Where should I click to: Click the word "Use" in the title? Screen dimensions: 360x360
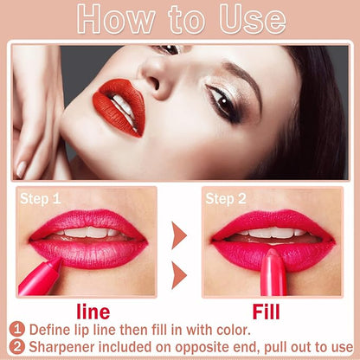(253, 19)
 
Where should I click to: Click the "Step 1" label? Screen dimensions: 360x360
(41, 199)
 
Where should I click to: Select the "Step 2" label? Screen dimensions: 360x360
(226, 199)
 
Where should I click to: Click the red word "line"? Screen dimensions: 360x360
(93, 312)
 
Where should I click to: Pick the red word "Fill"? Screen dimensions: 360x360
(266, 312)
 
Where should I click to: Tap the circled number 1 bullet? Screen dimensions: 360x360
(17, 330)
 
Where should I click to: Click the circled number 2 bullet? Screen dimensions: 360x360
(17, 347)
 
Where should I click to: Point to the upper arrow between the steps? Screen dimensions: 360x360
(179, 235)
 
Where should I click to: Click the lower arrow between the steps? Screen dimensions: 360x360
(179, 275)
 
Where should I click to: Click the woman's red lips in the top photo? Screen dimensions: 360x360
(119, 106)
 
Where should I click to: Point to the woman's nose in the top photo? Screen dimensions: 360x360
(153, 77)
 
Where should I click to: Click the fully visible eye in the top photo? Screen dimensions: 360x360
(222, 102)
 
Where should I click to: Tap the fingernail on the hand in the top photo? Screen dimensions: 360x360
(21, 169)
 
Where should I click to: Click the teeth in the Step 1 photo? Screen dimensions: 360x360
(88, 232)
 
